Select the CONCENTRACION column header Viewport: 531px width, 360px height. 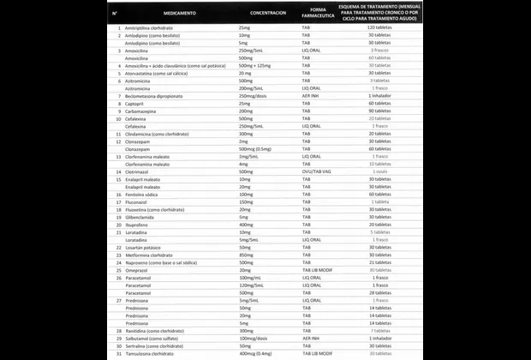tap(268, 15)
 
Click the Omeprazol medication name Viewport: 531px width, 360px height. tap(139, 269)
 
